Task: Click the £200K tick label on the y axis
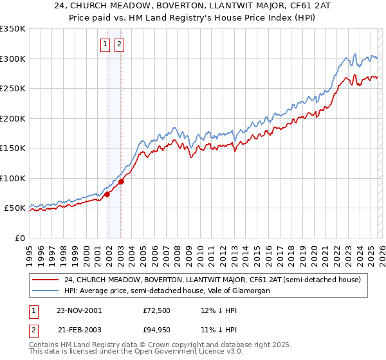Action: point(13,118)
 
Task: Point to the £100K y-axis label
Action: point(13,178)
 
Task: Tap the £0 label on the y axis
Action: point(19,238)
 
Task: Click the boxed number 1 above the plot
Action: point(105,44)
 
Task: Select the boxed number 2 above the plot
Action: point(120,44)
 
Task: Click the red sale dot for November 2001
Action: point(107,195)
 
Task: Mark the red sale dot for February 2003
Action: point(121,181)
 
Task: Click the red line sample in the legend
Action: point(46,280)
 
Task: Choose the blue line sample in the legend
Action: point(46,291)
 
